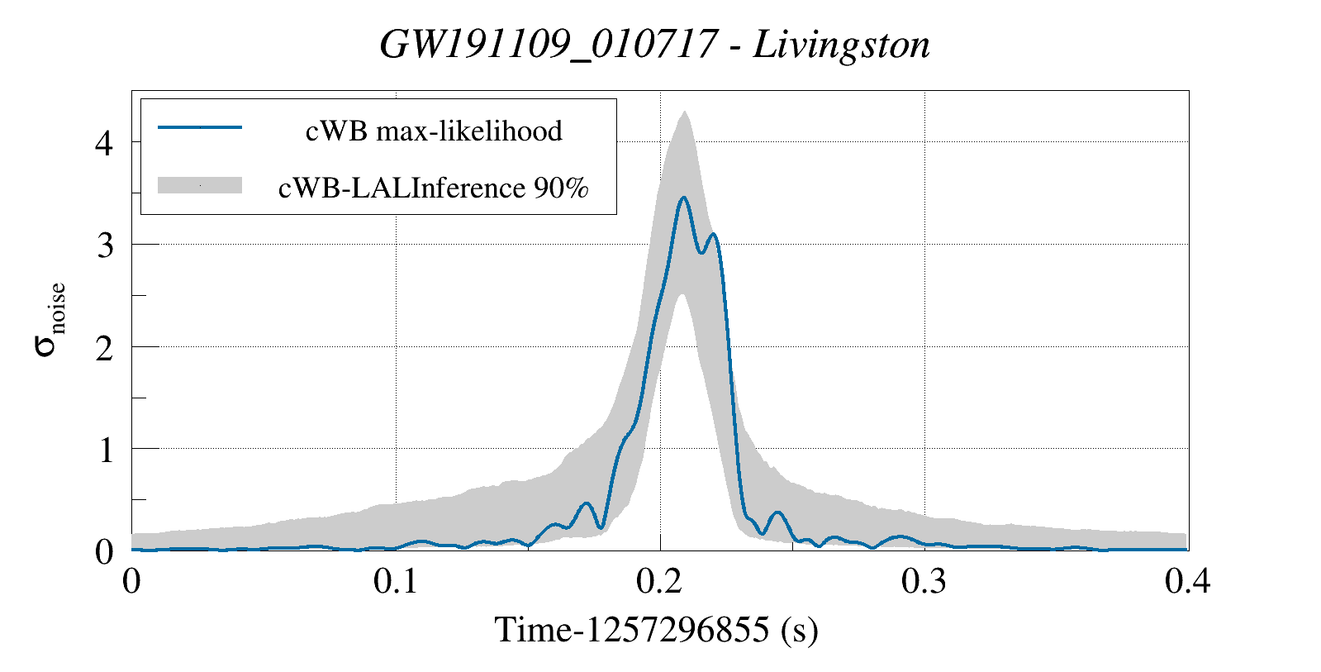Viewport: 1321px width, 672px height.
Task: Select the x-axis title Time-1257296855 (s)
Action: (657, 630)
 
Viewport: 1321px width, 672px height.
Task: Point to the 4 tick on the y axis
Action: (104, 143)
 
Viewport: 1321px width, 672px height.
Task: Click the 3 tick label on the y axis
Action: (104, 245)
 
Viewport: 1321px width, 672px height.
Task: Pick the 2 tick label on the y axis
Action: (104, 348)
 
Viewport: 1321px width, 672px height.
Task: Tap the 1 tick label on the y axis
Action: (104, 450)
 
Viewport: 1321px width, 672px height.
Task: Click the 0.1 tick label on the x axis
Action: (396, 581)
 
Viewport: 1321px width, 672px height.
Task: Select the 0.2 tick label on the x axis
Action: (660, 581)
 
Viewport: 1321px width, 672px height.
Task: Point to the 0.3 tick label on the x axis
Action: (924, 581)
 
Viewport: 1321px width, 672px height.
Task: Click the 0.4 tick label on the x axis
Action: (1187, 581)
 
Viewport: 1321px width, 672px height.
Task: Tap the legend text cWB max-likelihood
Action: (434, 131)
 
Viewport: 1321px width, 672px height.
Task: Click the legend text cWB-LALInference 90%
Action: (434, 188)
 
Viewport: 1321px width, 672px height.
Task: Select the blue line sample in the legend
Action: (200, 127)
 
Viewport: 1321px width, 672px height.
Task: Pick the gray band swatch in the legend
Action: (200, 185)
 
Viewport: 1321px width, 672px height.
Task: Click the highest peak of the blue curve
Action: (683, 198)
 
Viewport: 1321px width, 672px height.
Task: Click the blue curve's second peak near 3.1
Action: (714, 235)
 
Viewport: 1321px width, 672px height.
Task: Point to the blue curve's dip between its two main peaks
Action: (701, 252)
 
